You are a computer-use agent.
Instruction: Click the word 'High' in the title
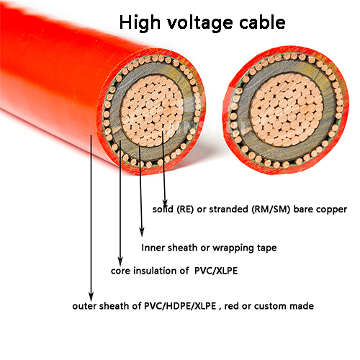[140, 23]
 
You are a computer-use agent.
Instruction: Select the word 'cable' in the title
[262, 22]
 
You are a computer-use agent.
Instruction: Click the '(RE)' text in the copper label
[185, 210]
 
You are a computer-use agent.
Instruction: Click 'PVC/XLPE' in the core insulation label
[216, 271]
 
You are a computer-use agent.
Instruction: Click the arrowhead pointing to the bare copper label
[165, 203]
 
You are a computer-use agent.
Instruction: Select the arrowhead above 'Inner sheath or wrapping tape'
[142, 231]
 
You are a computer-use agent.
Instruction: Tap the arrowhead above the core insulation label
[120, 261]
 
